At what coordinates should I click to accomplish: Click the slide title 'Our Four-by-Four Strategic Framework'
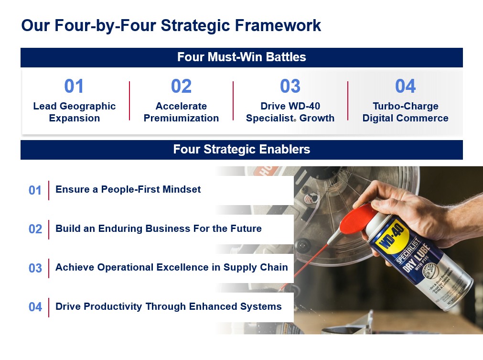pyautogui.click(x=171, y=25)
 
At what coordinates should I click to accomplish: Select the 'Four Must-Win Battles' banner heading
pyautogui.click(x=241, y=57)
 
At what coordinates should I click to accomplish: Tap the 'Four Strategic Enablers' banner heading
pyautogui.click(x=241, y=150)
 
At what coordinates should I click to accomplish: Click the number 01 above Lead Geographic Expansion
pyautogui.click(x=74, y=87)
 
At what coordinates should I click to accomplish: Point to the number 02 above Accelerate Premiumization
pyautogui.click(x=181, y=87)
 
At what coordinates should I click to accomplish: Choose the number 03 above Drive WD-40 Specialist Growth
pyautogui.click(x=290, y=87)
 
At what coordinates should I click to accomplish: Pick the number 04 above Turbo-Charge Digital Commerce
pyautogui.click(x=405, y=87)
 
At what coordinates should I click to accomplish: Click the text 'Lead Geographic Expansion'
pyautogui.click(x=75, y=112)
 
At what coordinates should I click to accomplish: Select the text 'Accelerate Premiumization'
pyautogui.click(x=181, y=112)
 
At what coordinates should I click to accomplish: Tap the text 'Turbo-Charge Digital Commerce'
pyautogui.click(x=405, y=112)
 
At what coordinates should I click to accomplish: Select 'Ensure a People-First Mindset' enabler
pyautogui.click(x=128, y=189)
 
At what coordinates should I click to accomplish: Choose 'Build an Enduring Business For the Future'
pyautogui.click(x=159, y=229)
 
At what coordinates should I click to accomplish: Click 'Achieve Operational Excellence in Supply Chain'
pyautogui.click(x=172, y=267)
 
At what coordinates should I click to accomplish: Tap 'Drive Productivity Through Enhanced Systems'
pyautogui.click(x=169, y=306)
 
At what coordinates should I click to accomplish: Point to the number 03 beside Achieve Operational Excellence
pyautogui.click(x=35, y=268)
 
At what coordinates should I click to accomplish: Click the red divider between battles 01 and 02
pyautogui.click(x=129, y=100)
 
